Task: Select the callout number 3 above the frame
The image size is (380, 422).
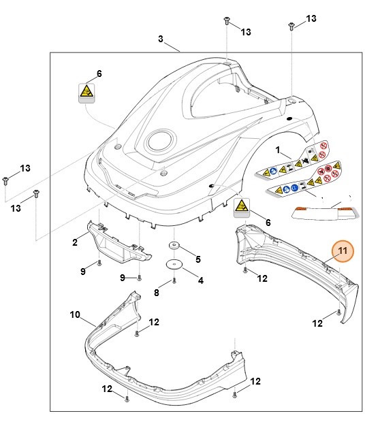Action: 161,39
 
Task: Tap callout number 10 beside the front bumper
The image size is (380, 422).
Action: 75,314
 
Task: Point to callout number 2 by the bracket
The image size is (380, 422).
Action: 75,242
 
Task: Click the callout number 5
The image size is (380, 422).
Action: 198,259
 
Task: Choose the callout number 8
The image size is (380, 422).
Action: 156,292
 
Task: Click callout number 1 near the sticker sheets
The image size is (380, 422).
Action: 278,148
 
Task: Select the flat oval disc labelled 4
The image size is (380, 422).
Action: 174,265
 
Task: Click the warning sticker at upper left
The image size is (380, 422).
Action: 86,91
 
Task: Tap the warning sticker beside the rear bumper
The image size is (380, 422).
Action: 242,206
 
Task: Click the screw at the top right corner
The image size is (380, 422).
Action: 291,26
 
